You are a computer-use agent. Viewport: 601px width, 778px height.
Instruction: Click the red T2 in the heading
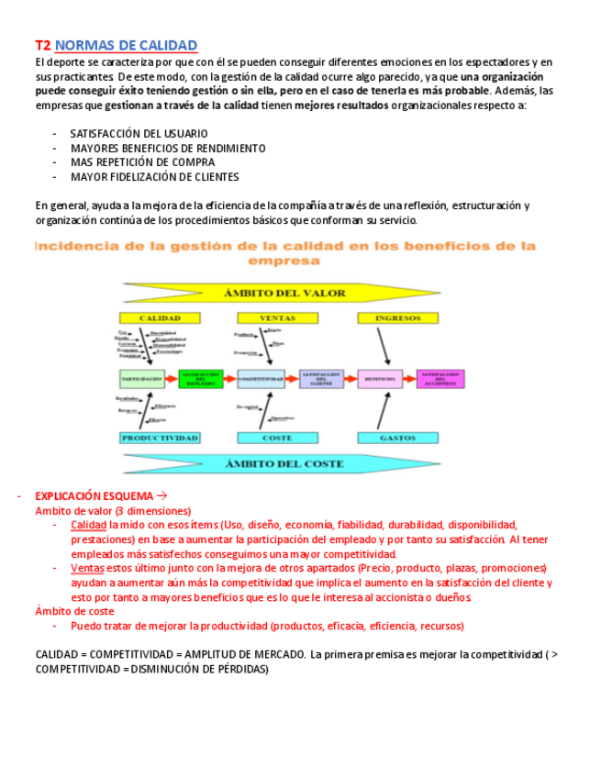click(42, 45)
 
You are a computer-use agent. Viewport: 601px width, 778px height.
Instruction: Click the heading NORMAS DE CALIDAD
click(126, 45)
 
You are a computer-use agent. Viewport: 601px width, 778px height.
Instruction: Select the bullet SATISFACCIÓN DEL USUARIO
click(139, 134)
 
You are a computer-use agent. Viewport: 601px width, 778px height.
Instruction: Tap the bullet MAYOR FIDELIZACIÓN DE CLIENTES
click(154, 177)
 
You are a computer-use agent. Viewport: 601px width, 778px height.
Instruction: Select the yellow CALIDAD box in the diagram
click(159, 318)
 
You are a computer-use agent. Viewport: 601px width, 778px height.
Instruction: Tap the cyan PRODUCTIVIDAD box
click(159, 439)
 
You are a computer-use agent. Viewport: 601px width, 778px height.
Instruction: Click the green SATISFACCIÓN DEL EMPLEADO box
click(200, 378)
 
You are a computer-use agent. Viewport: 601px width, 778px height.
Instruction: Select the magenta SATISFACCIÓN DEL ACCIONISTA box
click(440, 378)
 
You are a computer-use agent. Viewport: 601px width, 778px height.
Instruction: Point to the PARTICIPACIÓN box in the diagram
click(142, 378)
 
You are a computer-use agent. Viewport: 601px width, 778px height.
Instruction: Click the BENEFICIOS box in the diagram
click(380, 378)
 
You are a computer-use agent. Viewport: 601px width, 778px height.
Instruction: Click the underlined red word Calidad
click(89, 525)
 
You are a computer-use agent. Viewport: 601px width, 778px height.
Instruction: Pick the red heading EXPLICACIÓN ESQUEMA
click(94, 496)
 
